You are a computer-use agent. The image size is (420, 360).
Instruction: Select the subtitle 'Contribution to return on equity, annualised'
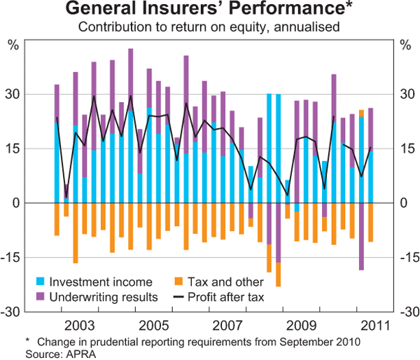pos(209,28)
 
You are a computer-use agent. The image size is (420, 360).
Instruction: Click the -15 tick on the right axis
pos(407,257)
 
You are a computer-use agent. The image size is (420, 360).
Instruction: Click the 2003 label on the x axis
pos(78,326)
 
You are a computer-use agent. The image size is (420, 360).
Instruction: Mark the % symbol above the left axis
pos(13,46)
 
